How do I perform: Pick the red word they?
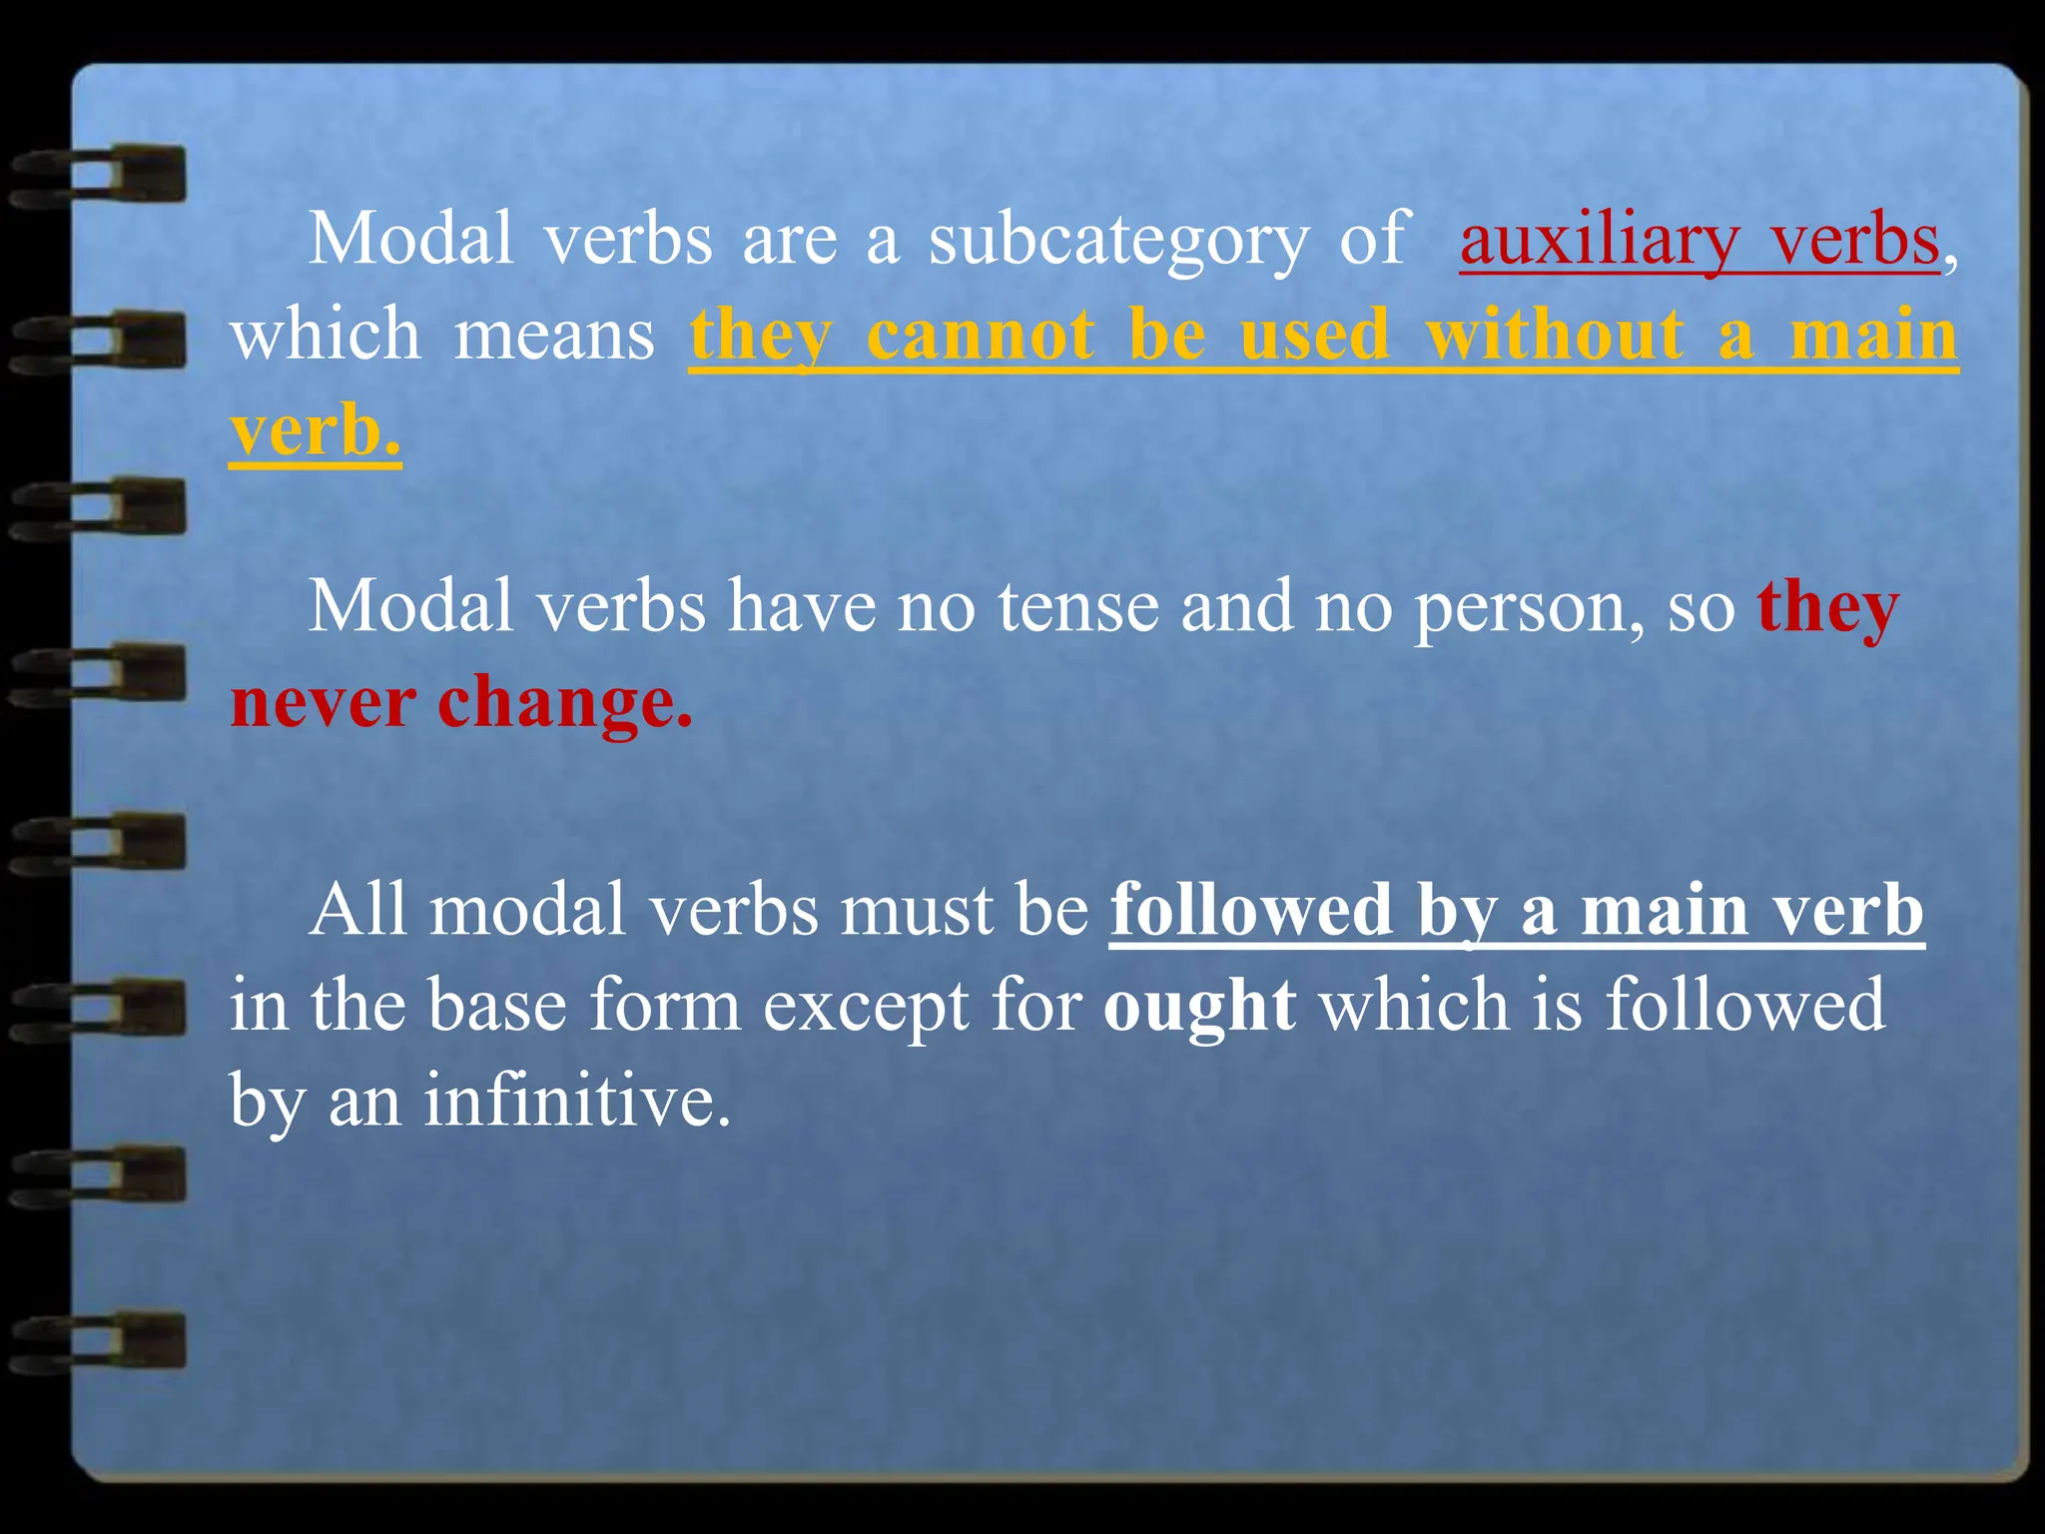[1827, 609]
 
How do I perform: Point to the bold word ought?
[1200, 1007]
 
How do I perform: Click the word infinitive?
[576, 1101]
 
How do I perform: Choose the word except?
[866, 1007]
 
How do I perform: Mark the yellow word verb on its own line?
[315, 431]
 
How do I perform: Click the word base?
[498, 1005]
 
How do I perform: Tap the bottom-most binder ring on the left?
[100, 1341]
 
